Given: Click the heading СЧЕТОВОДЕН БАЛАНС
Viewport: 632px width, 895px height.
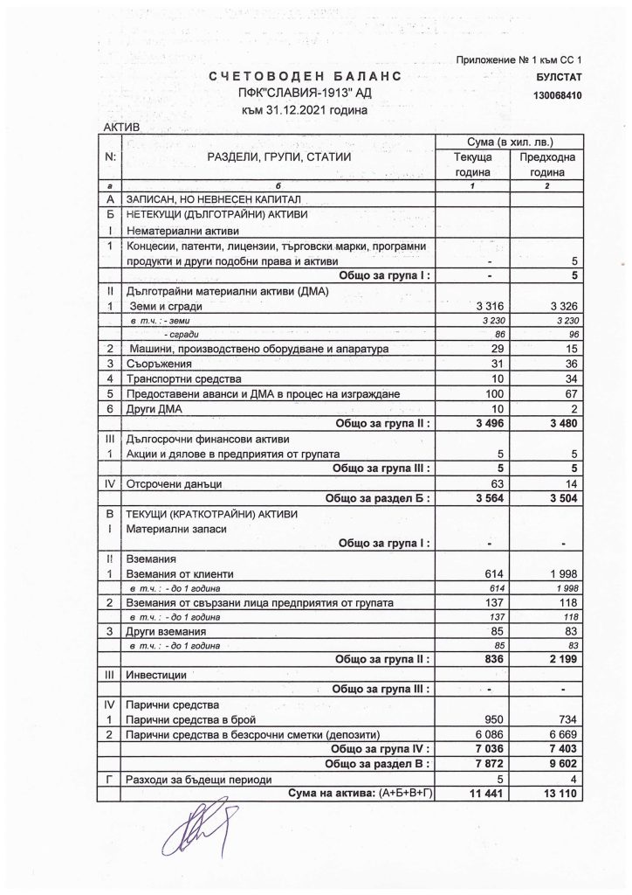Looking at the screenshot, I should [305, 79].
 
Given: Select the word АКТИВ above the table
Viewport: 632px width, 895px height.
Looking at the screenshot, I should [121, 128].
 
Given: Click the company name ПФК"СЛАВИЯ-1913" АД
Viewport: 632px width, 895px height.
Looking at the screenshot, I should [305, 94].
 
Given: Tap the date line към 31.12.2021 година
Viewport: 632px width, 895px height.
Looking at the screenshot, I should [305, 110].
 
